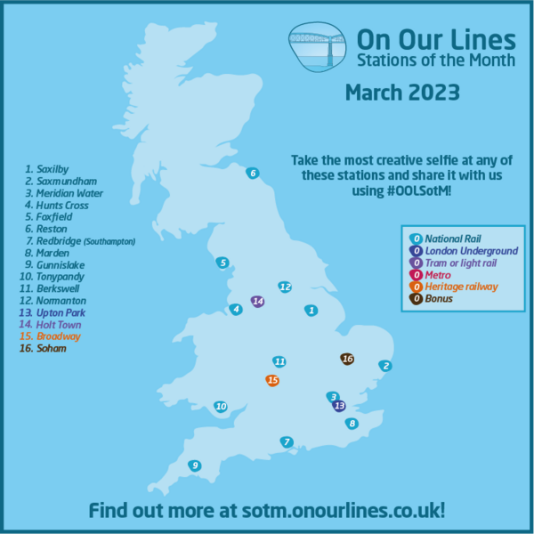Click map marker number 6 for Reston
[253, 173]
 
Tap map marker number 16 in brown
[347, 359]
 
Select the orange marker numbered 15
[272, 380]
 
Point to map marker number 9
[194, 465]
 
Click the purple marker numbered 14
[258, 301]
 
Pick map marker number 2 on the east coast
[385, 365]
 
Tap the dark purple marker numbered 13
[338, 406]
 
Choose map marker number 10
[221, 407]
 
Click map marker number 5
[222, 262]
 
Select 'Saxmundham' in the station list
[61, 180]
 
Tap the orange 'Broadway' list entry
[54, 336]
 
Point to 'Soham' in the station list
[48, 348]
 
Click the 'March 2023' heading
[401, 93]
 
